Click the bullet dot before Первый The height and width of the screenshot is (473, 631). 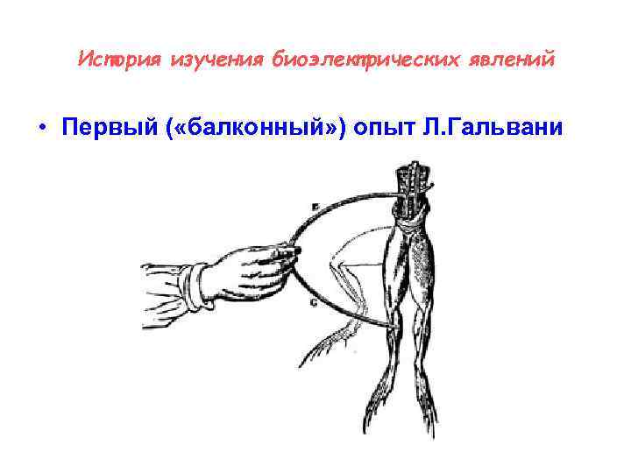click(x=42, y=128)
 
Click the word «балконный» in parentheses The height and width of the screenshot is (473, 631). click(x=251, y=128)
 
